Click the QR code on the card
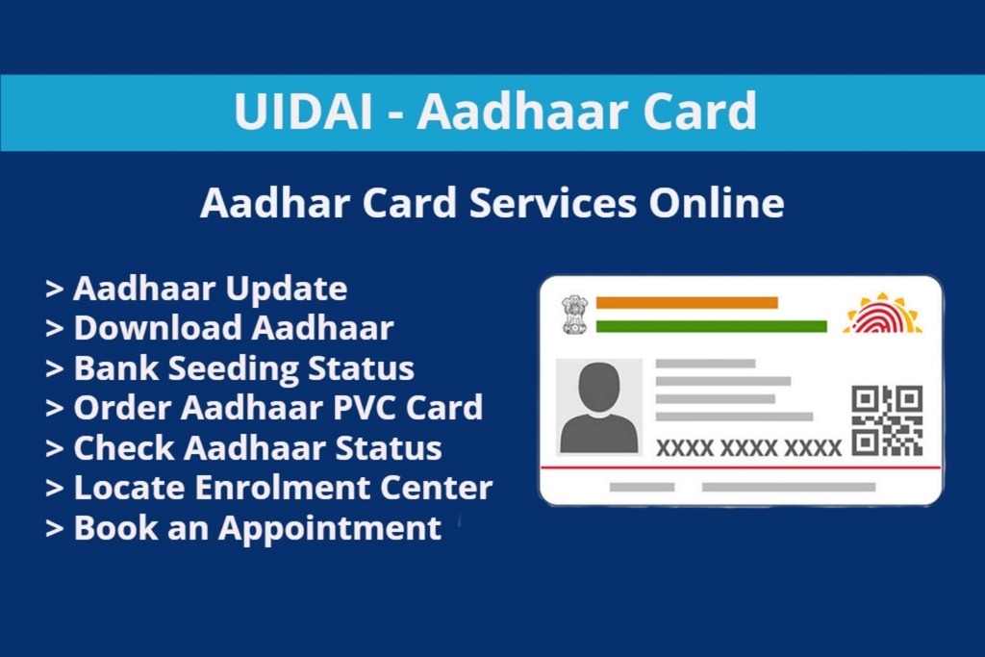point(887,420)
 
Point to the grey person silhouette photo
point(598,407)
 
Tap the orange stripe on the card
point(687,302)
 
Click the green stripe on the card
point(711,326)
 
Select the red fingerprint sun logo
point(883,315)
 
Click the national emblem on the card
point(575,314)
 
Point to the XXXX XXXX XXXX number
point(748,447)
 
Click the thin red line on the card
point(741,467)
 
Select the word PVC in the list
point(365,408)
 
